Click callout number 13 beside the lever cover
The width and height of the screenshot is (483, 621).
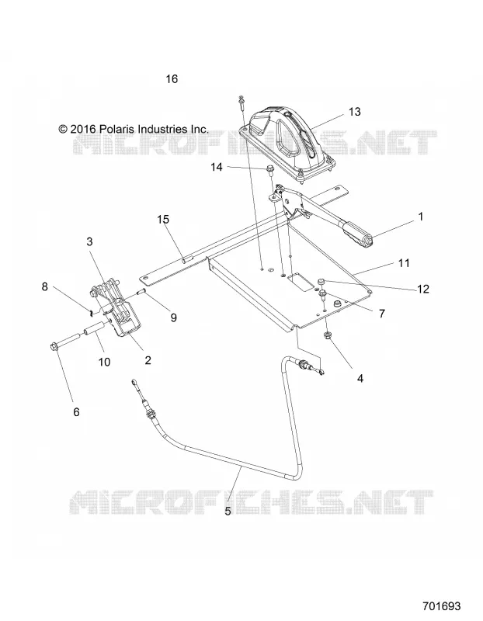pyautogui.click(x=355, y=112)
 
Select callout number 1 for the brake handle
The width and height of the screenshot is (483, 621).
pyautogui.click(x=420, y=217)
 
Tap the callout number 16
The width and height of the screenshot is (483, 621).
pyautogui.click(x=172, y=79)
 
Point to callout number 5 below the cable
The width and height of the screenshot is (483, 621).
pyautogui.click(x=228, y=511)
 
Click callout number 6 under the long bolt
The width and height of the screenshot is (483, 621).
pyautogui.click(x=76, y=412)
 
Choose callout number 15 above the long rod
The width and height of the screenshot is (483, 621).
pyautogui.click(x=163, y=219)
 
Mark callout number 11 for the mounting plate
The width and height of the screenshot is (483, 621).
pyautogui.click(x=404, y=262)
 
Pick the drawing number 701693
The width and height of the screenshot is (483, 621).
pyautogui.click(x=441, y=606)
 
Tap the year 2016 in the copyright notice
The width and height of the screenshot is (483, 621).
pyautogui.click(x=83, y=129)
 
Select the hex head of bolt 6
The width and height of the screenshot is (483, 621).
pyautogui.click(x=54, y=347)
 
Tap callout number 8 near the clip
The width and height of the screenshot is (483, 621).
pyautogui.click(x=45, y=286)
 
